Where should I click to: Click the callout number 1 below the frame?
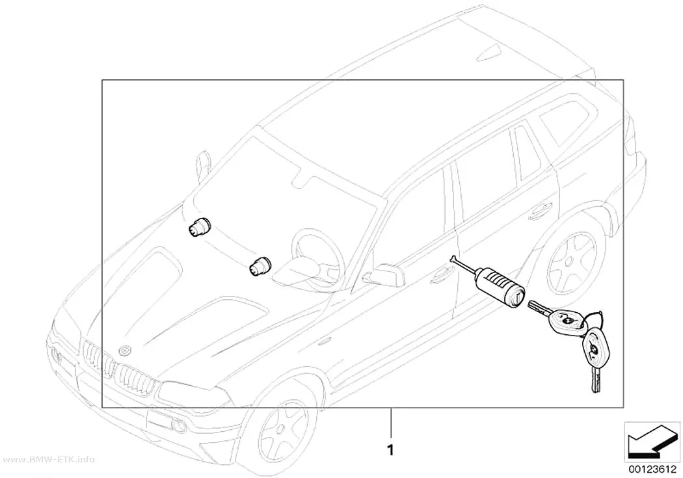point(391,449)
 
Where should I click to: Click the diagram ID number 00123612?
point(652,470)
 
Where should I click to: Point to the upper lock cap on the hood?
point(200,227)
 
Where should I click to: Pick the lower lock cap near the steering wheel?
point(260,266)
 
